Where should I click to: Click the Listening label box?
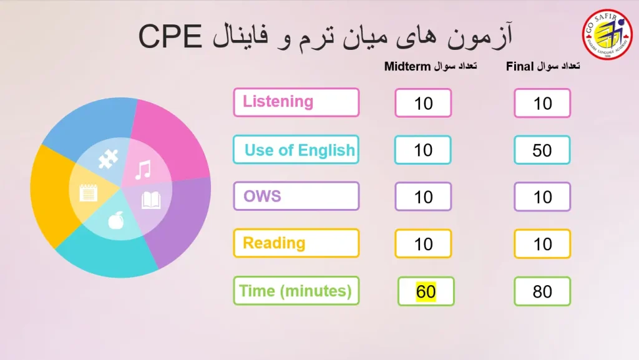(296, 102)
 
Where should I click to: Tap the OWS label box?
(296, 197)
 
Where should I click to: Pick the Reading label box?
(296, 243)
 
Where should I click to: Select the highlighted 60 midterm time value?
(426, 291)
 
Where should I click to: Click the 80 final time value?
(542, 291)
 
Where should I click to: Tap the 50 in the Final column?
(542, 150)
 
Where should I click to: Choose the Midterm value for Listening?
(424, 103)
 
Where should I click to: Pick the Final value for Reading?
(542, 244)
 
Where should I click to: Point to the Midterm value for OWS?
(424, 197)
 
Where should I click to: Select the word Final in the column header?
(520, 66)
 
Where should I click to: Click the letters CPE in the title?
(170, 36)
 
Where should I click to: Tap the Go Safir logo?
(607, 34)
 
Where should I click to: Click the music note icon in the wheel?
(144, 170)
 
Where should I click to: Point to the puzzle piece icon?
(108, 159)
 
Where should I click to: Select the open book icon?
(151, 200)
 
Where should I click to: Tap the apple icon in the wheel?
(115, 220)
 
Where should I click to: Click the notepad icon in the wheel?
(89, 193)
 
